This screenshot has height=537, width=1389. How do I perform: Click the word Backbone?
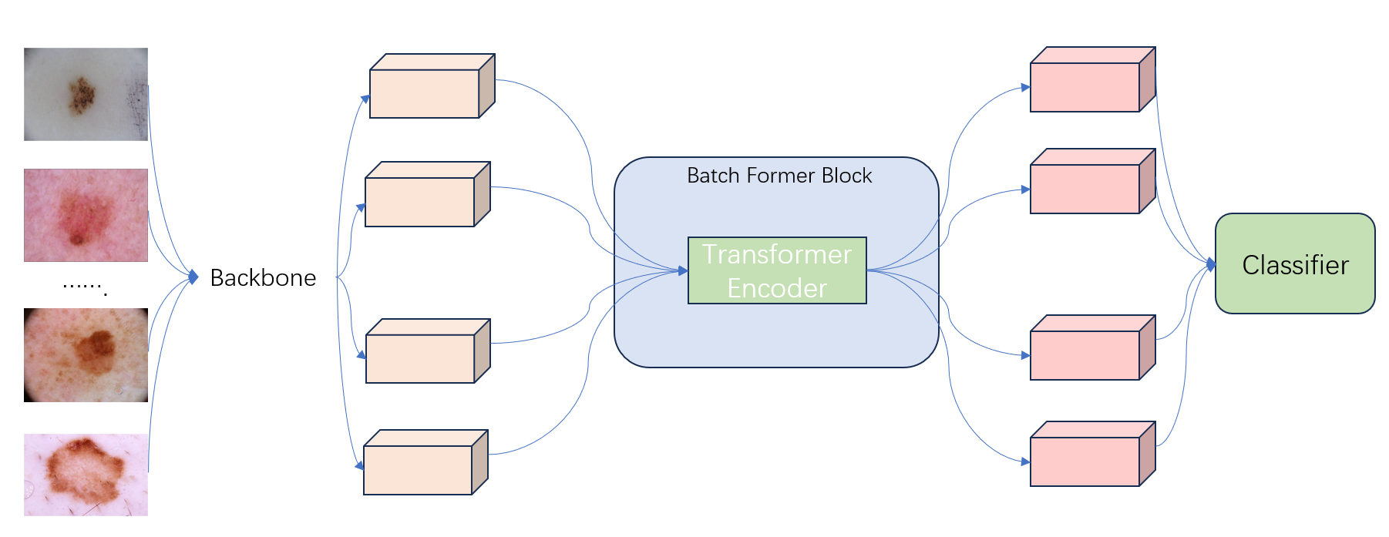point(263,277)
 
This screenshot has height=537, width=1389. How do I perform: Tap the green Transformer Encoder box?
point(776,270)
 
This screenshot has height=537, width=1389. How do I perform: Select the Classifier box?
point(1294,264)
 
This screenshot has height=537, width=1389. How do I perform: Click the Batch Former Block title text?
point(779,176)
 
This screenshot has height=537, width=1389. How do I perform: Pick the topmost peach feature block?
point(425,93)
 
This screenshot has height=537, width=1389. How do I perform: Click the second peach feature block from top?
point(420,202)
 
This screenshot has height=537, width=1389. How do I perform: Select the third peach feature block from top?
point(421,358)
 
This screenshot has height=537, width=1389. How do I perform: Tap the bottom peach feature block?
point(419,469)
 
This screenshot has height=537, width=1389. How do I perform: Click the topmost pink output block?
point(1085,87)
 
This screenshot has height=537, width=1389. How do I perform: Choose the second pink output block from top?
point(1085,189)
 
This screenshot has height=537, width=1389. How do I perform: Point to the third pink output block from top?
point(1085,355)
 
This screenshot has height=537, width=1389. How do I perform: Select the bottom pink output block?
point(1085,461)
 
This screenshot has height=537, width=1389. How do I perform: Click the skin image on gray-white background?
point(86,94)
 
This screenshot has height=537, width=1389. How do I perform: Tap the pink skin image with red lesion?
point(86,215)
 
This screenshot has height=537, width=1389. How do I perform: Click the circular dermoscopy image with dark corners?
point(86,355)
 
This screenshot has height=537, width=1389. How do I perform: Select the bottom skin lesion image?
point(86,475)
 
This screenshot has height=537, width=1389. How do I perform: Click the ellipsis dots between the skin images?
point(84,287)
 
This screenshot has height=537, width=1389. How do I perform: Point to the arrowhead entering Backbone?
point(193,276)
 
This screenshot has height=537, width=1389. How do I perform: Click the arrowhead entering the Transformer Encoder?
point(683,270)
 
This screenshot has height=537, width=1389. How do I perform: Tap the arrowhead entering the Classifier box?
point(1211,264)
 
